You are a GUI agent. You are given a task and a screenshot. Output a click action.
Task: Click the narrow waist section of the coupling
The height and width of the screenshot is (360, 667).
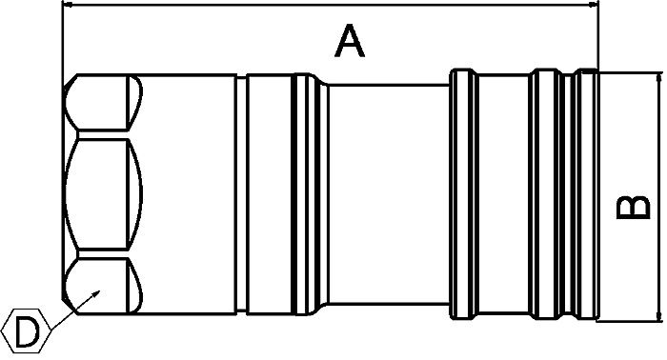386,197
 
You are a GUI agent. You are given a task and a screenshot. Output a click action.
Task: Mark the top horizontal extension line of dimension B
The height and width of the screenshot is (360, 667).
629,70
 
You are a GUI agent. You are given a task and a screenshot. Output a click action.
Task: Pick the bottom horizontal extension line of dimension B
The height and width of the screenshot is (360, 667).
629,324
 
